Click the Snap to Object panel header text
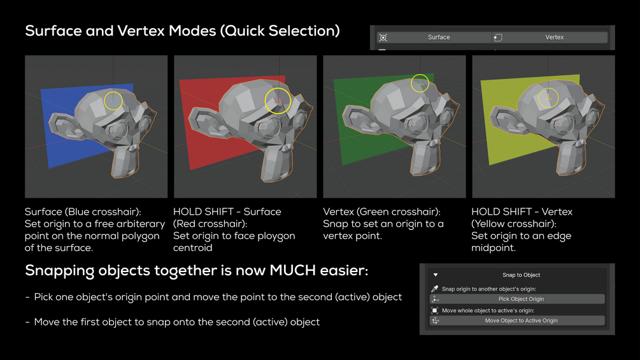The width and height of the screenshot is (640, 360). point(521,275)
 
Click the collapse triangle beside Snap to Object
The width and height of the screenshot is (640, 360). point(436,275)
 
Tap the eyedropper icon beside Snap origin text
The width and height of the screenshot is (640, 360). point(435,289)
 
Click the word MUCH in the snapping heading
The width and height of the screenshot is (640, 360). point(293,270)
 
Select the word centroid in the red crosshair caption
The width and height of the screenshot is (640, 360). point(193,248)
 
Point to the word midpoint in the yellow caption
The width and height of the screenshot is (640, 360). point(493,248)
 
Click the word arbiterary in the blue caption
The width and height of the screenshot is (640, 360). point(141,224)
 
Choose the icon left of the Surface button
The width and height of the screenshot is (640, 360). point(383,38)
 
